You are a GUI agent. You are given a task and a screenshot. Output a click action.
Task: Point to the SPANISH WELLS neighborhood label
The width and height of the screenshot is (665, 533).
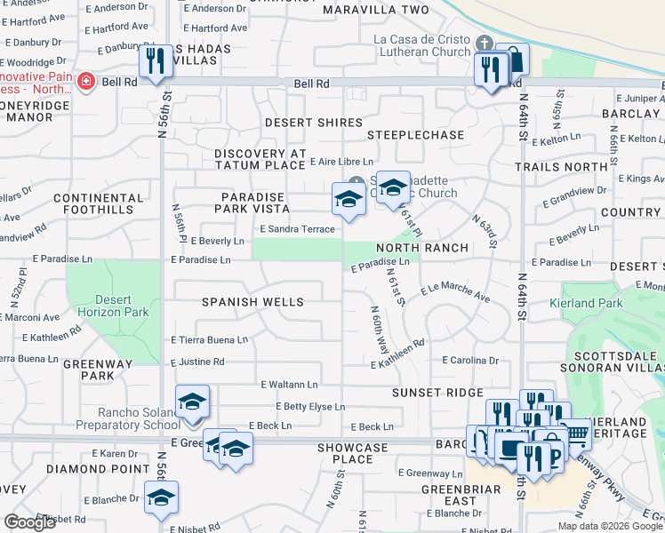[x=253, y=302]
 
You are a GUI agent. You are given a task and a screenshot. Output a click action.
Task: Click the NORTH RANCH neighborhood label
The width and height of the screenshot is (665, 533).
[x=421, y=248]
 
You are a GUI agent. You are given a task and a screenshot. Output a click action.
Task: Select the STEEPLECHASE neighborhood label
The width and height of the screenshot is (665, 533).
[x=416, y=135]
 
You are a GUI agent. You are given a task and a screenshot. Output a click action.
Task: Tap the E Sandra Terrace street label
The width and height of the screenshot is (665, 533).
[x=297, y=229]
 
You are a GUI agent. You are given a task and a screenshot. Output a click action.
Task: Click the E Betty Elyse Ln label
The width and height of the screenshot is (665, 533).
[x=309, y=407]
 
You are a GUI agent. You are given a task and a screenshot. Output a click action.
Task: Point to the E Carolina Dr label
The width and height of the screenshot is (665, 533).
[x=470, y=361]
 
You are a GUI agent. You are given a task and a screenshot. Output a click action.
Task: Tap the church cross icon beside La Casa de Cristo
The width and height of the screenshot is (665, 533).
[x=485, y=44]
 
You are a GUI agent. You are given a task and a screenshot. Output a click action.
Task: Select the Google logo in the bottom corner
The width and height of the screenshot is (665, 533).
[x=30, y=522]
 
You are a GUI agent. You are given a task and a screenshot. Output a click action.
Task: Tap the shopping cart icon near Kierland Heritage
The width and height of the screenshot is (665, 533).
[x=577, y=434]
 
